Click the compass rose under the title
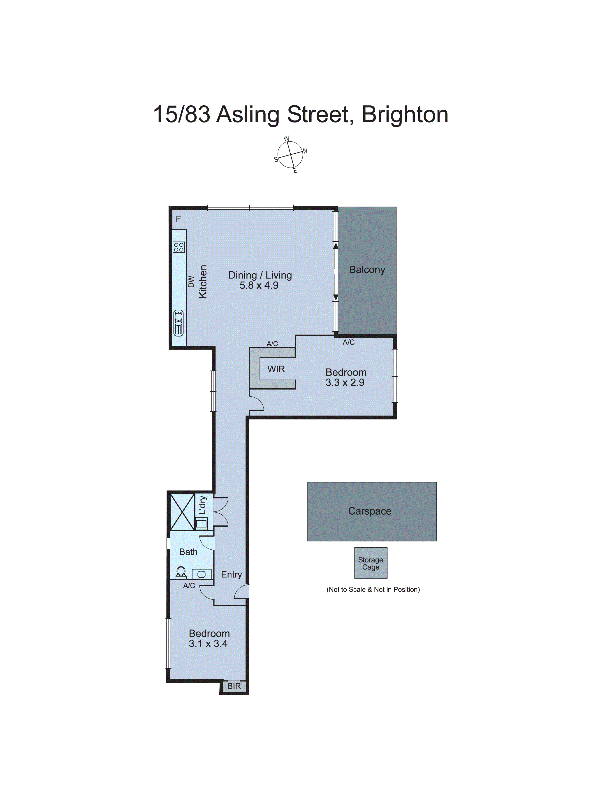click(290, 155)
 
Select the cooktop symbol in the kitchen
click(179, 247)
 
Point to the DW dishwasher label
click(191, 281)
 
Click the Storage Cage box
click(371, 563)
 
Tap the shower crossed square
click(182, 512)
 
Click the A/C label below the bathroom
click(189, 586)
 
